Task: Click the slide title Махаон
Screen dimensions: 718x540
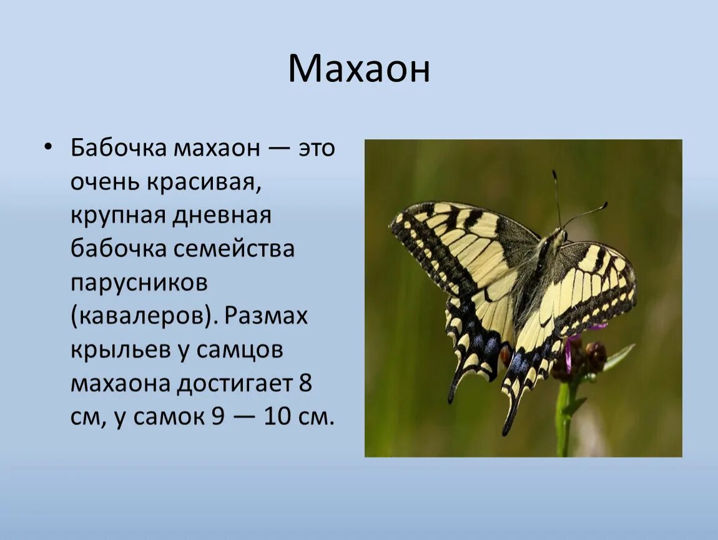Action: pyautogui.click(x=359, y=69)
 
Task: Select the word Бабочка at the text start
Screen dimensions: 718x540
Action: pyautogui.click(x=119, y=147)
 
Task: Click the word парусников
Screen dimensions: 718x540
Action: pyautogui.click(x=139, y=283)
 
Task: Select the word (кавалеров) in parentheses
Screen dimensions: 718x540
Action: pyautogui.click(x=143, y=317)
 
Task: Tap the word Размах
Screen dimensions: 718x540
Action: pyautogui.click(x=265, y=316)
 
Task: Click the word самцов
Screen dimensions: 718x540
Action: pyautogui.click(x=240, y=351)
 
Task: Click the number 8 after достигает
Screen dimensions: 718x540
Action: pyautogui.click(x=305, y=383)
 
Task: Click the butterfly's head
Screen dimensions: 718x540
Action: pyautogui.click(x=559, y=236)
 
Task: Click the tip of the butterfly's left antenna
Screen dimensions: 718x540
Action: pyautogui.click(x=554, y=173)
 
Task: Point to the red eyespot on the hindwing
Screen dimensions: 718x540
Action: pyautogui.click(x=506, y=354)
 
